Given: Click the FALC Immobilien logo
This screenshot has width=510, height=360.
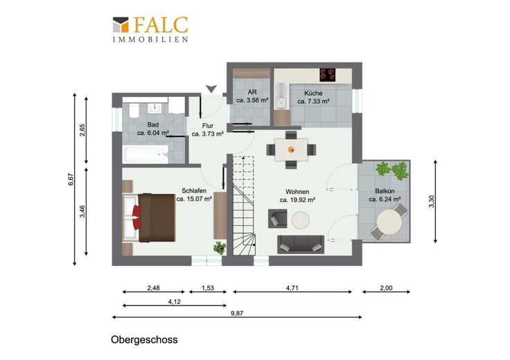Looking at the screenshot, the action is pos(150,29).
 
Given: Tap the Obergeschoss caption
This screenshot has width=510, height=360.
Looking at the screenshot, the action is pos(144,340).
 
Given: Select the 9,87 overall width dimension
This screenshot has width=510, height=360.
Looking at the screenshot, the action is pos(237,314).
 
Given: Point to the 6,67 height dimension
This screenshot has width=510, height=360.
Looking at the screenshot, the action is pos(71,180).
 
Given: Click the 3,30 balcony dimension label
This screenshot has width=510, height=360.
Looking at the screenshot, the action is pos(432,201).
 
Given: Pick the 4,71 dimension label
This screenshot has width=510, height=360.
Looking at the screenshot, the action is pos(292,288).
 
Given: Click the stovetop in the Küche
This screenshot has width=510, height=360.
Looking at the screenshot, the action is pos(328,75).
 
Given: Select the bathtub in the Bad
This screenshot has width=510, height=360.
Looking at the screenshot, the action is pos(146,154).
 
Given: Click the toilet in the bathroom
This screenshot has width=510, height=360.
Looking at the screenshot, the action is pos(134,111).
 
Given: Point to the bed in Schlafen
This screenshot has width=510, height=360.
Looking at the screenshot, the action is pos(149,217).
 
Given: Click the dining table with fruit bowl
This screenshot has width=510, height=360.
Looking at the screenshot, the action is pos(291,150).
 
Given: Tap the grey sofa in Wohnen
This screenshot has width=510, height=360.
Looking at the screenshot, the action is pos(301,244).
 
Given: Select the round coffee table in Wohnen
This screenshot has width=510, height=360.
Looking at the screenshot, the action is pos(300,220).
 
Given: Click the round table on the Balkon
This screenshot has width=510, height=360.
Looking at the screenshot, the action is pos(389,222).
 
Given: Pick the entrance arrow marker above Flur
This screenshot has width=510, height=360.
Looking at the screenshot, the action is pos(211,89).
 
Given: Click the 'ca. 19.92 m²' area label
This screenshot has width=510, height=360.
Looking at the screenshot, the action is pos(297,200).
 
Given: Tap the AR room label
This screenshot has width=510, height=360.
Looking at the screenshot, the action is pos(252,92).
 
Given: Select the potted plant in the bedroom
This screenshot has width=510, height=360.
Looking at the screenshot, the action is pos(220,247).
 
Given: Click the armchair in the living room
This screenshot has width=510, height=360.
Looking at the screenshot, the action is pos(277,219).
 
